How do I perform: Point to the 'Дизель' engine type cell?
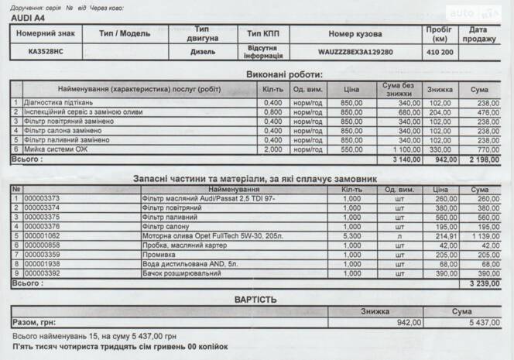click(x=203, y=52)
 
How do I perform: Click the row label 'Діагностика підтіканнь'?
click(x=59, y=103)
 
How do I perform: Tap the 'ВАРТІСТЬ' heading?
click(x=255, y=298)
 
